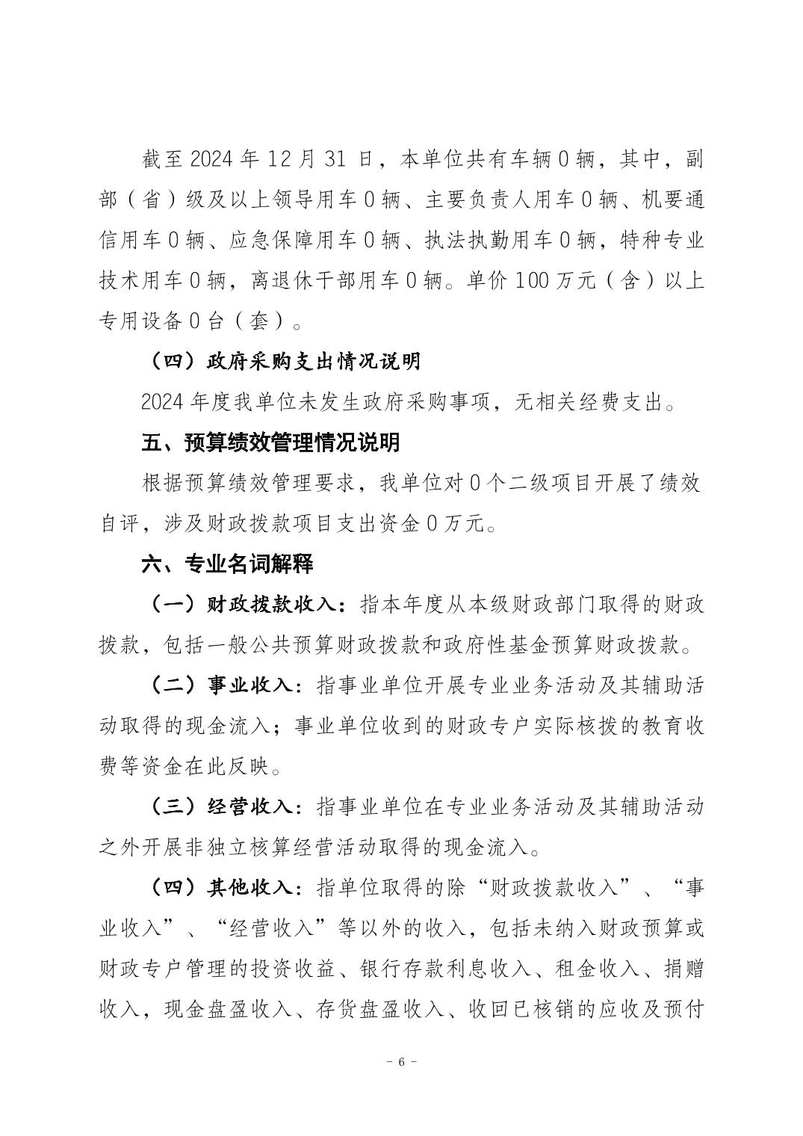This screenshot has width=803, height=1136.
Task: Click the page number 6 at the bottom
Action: click(x=401, y=1062)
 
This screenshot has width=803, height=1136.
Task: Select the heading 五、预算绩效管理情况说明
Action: click(x=270, y=442)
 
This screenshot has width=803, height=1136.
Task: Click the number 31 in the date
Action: click(x=334, y=159)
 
